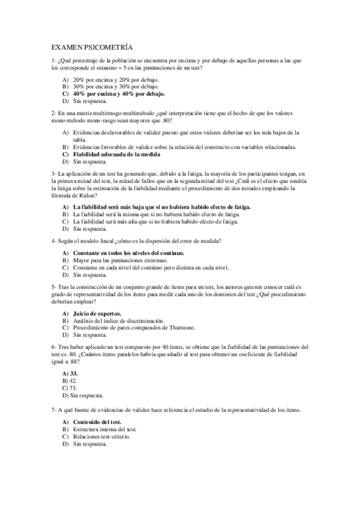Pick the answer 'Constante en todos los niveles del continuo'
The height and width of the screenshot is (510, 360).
click(129, 253)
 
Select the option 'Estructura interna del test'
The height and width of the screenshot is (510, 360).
click(105, 429)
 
